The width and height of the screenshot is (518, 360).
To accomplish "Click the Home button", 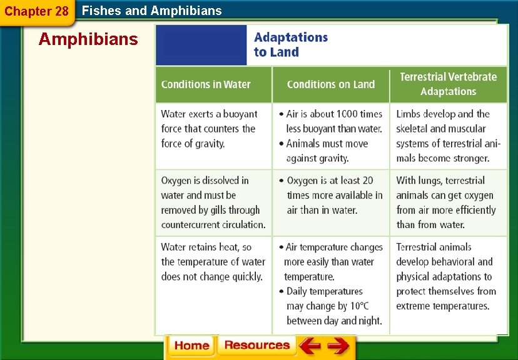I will pyautogui.click(x=191, y=346).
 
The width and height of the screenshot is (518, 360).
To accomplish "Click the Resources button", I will pyautogui.click(x=256, y=346).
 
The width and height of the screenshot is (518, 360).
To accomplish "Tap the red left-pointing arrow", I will pyautogui.click(x=310, y=346).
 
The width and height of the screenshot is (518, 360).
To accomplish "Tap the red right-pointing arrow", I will pyautogui.click(x=338, y=346).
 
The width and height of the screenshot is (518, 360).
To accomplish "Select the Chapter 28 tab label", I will pyautogui.click(x=36, y=12).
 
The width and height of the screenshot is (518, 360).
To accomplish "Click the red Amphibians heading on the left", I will pyautogui.click(x=88, y=39).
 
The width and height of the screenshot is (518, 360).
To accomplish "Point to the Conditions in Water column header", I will pyautogui.click(x=206, y=85).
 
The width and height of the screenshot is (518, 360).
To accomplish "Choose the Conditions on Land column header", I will pyautogui.click(x=330, y=85).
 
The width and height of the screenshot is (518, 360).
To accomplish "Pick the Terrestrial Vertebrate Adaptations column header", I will pyautogui.click(x=448, y=84).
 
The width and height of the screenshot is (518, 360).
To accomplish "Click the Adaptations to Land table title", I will pyautogui.click(x=290, y=45).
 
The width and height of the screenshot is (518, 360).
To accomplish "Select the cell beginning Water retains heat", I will pyautogui.click(x=213, y=262).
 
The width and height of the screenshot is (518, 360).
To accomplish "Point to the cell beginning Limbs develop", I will pyautogui.click(x=448, y=136).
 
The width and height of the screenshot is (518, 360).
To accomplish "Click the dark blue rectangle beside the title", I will pyautogui.click(x=201, y=45).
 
